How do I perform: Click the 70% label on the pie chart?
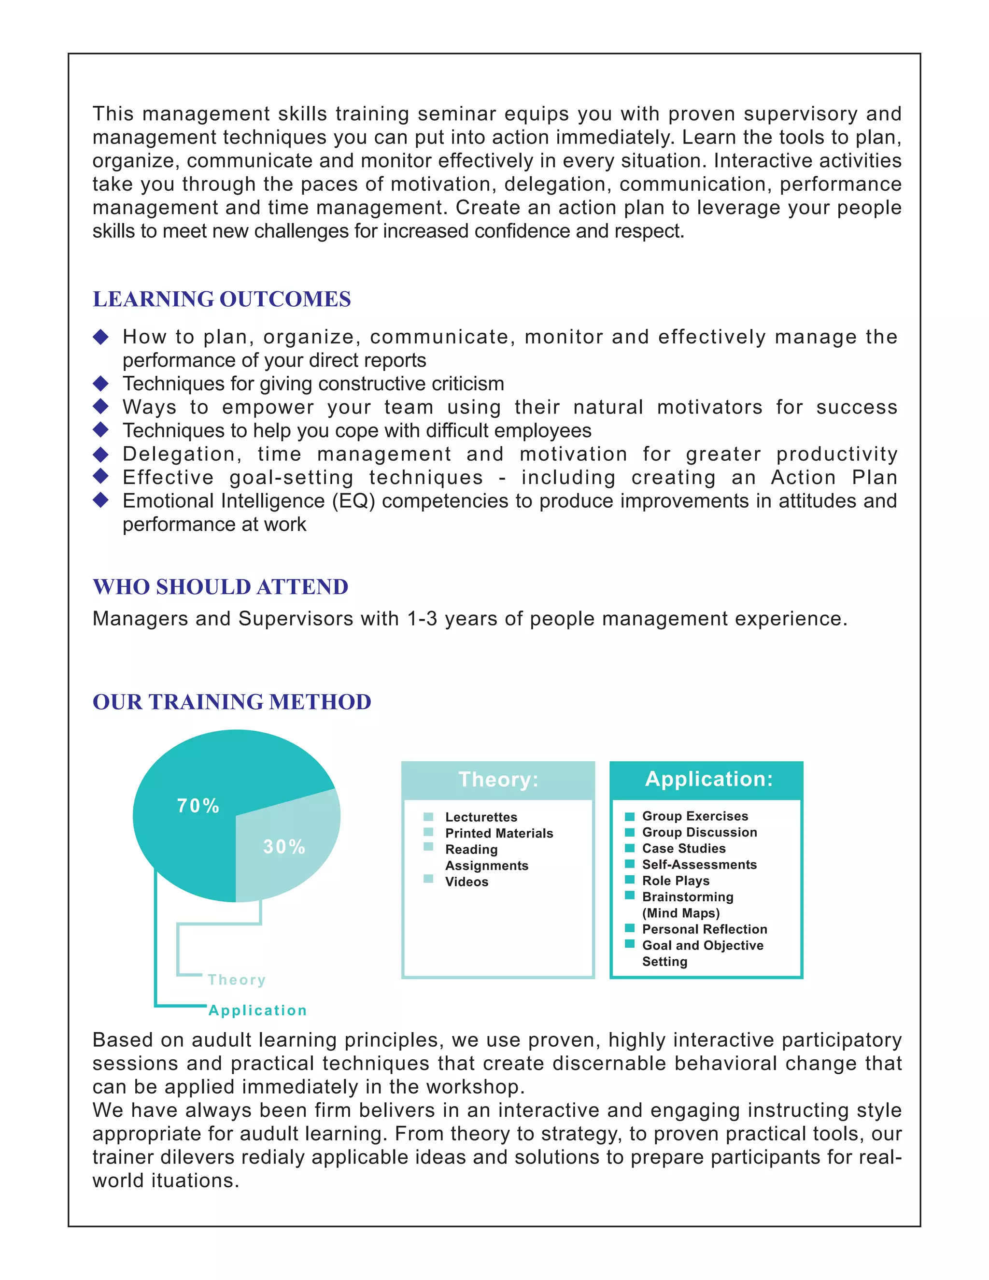coord(198,806)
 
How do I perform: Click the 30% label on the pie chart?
coord(284,847)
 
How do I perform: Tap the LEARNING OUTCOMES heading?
coord(222,299)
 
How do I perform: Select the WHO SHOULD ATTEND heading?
coord(220,587)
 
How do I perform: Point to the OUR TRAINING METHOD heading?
coord(231,701)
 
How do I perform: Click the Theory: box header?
coord(498,780)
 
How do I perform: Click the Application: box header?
coord(708,779)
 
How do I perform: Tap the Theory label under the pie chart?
coord(237,980)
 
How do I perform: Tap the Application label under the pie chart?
coord(258,1010)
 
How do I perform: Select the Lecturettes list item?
coord(481,817)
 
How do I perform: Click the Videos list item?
coord(466,882)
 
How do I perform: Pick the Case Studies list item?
coord(684,848)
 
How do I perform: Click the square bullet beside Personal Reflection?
coord(630,928)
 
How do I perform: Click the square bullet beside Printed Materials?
coord(428,832)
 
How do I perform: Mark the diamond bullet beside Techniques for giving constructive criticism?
coord(101,384)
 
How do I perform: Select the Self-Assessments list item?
coord(699,865)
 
